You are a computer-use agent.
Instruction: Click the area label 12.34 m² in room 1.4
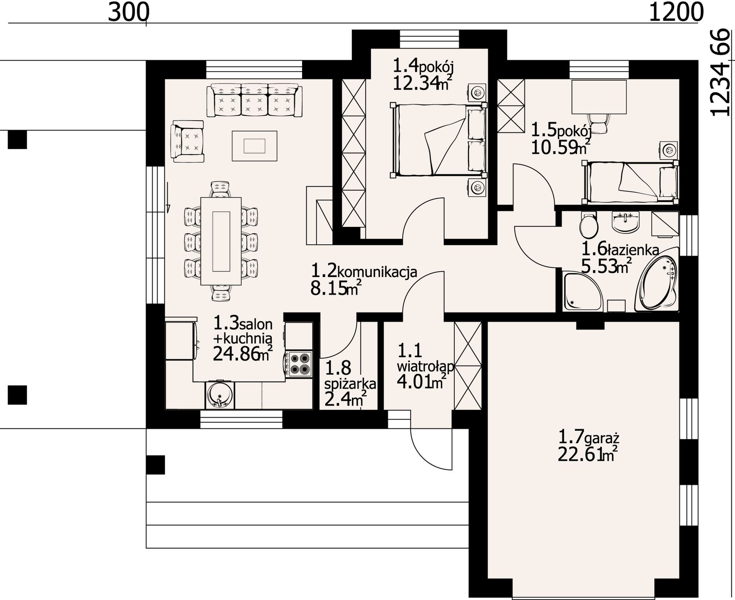point(422,83)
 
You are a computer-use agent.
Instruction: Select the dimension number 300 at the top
point(128,12)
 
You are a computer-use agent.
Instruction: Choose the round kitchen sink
point(220,395)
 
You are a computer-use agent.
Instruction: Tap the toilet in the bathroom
point(588,225)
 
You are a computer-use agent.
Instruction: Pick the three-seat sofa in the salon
point(255,100)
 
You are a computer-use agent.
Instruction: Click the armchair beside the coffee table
point(187,141)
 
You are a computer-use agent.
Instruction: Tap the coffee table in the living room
point(255,146)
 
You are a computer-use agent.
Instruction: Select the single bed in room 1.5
point(630,182)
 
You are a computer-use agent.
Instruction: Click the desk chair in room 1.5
point(598,122)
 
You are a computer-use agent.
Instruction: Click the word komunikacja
point(377,271)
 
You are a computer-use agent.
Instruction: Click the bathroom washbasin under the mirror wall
point(626,221)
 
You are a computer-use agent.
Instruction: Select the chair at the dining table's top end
point(220,189)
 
